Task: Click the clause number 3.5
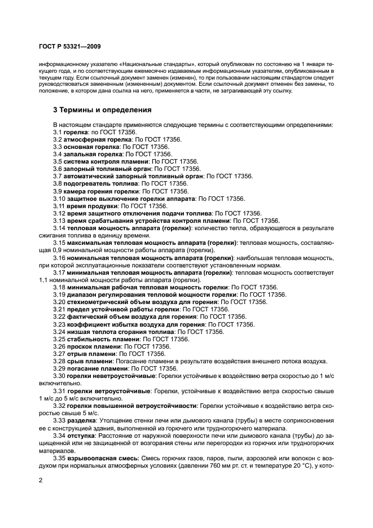pos(58,161)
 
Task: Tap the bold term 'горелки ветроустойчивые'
pos(108,391)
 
